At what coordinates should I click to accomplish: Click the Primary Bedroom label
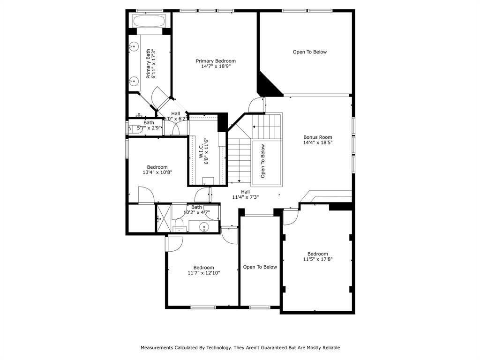pos(216,61)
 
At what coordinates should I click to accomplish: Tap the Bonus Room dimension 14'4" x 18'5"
pos(318,142)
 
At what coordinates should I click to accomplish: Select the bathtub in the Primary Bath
pos(149,21)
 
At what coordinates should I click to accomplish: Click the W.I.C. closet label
pos(201,151)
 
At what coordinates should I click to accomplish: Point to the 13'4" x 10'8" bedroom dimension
pos(157,172)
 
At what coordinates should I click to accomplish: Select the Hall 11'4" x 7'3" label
pos(246,195)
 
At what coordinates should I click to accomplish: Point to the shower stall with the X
pos(164,218)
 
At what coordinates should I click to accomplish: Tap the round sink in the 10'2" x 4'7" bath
pos(204,227)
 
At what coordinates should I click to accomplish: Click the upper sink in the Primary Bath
pos(134,47)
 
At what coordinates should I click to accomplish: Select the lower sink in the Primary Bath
pos(134,82)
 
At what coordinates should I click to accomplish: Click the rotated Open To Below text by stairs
pos(262,161)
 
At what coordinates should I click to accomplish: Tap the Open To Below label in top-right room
pos(310,52)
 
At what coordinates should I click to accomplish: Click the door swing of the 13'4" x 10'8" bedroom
pos(146,195)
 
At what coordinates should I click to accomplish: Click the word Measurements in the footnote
pos(157,348)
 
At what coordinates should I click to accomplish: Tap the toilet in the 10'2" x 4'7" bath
pos(179,225)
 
